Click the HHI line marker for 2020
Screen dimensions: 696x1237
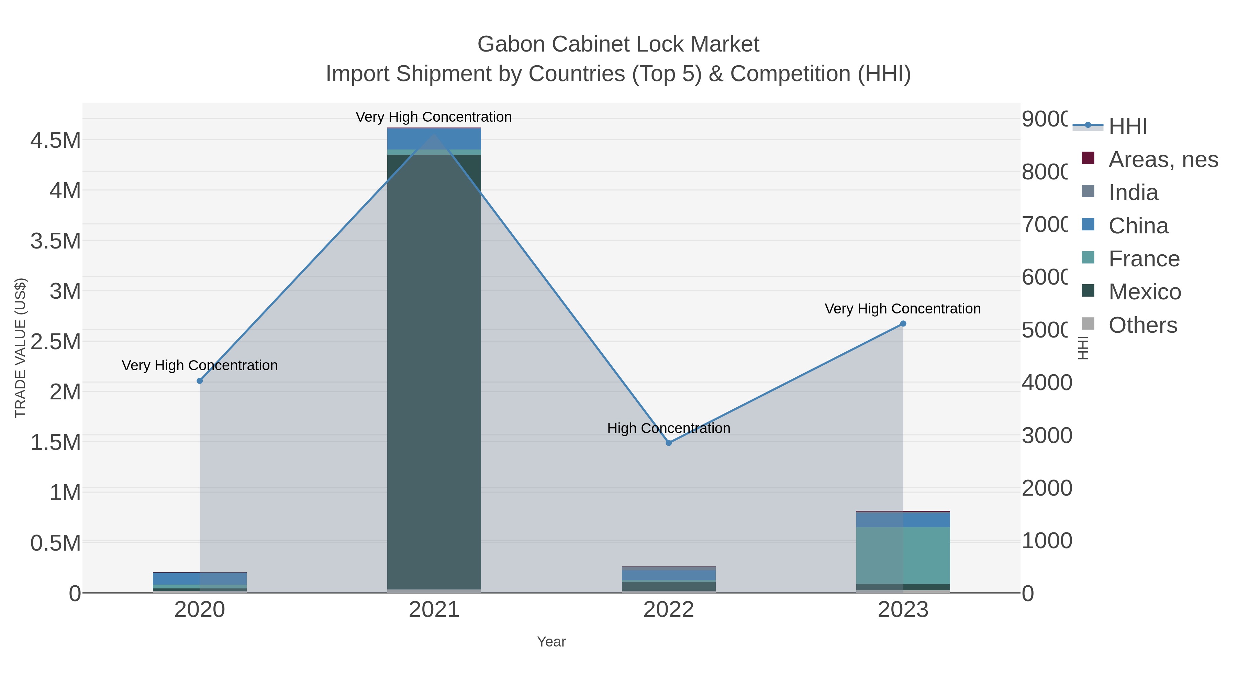coord(200,381)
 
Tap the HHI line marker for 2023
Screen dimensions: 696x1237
coord(903,324)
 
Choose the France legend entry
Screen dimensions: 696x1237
coord(1143,259)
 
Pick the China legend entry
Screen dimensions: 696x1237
coord(1138,226)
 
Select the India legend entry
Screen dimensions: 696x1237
coord(1133,192)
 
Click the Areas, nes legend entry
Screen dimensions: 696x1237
coord(1162,159)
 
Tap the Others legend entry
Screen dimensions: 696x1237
coord(1143,325)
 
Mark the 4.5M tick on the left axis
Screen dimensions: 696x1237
coord(56,141)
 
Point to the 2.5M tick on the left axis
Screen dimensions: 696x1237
coord(56,342)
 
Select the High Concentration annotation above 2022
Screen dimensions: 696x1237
coord(668,428)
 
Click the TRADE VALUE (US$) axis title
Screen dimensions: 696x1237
coord(21,348)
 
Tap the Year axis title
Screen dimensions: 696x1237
coord(551,642)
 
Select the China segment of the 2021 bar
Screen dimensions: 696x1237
coord(434,139)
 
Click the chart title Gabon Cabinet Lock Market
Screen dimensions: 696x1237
coord(618,44)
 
